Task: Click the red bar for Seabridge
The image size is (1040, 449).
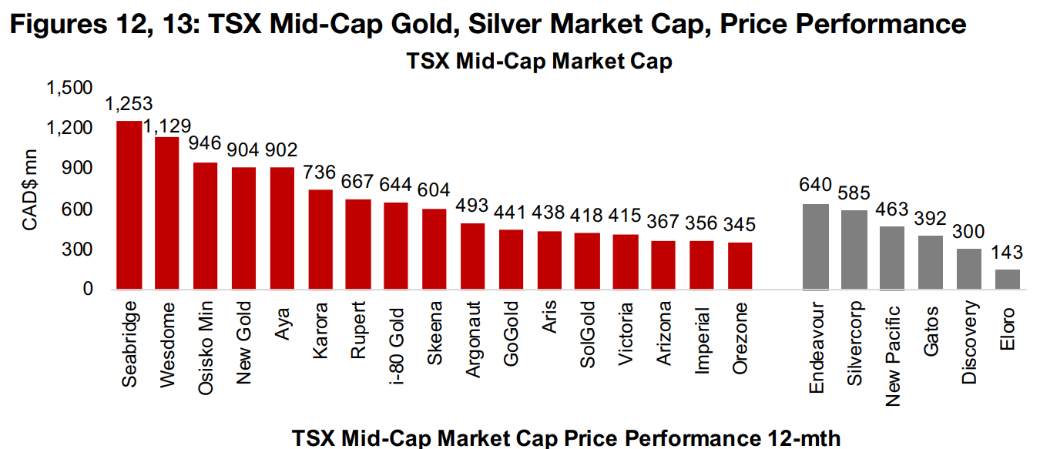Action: tap(129, 205)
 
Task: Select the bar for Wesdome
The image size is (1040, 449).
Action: tap(167, 213)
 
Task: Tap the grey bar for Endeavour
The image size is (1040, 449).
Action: tap(816, 246)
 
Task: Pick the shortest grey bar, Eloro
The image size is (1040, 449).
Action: tap(1008, 280)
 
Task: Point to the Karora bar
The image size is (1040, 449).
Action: tap(320, 240)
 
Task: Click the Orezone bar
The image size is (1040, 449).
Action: tap(740, 266)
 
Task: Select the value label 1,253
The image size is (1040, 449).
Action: tap(129, 104)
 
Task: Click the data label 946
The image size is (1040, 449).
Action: tap(205, 144)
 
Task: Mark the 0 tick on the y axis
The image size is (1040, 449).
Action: tap(89, 290)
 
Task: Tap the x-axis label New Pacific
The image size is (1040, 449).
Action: tap(893, 352)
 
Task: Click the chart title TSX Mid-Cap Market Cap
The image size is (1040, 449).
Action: tap(538, 62)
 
